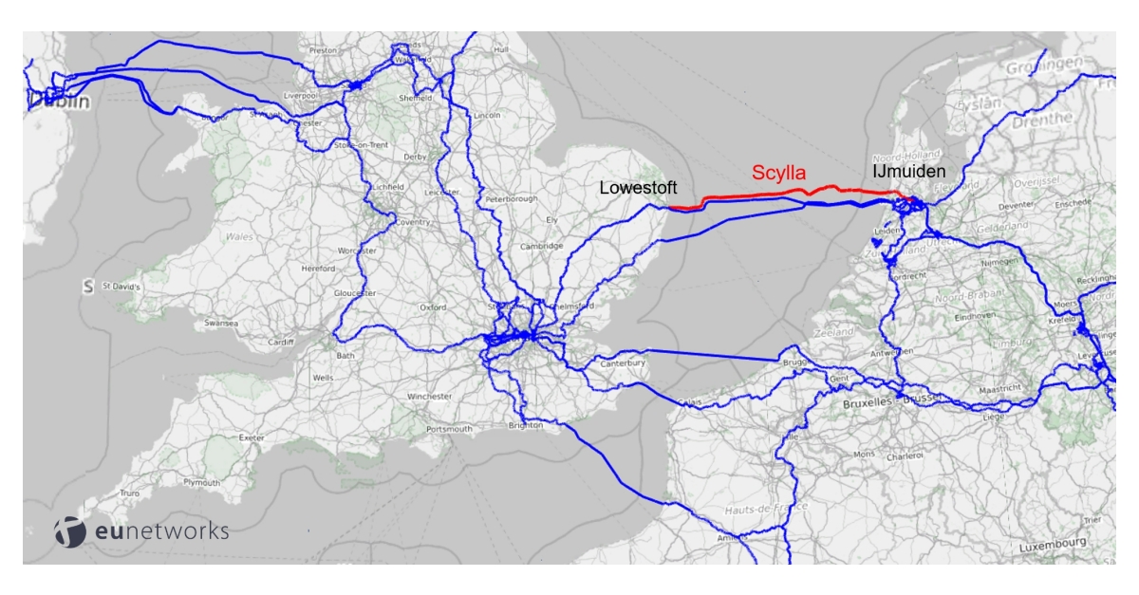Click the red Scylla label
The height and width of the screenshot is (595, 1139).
pos(778,173)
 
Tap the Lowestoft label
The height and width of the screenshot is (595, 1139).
pos(637,189)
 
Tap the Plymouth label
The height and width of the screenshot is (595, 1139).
pos(200,483)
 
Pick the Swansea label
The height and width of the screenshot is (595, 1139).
pos(219,324)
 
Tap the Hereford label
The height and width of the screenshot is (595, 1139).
pos(318,270)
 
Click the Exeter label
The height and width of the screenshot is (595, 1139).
pos(252,437)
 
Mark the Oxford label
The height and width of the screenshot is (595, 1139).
pos(433,307)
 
